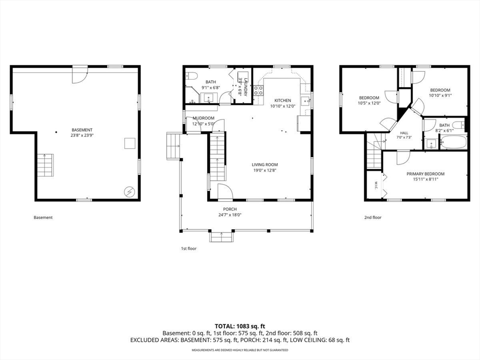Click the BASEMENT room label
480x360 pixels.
[x=82, y=130]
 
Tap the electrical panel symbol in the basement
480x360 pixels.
[x=129, y=192]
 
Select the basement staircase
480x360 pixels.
[x=45, y=165]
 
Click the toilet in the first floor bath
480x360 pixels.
[x=192, y=75]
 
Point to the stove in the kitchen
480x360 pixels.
[x=259, y=91]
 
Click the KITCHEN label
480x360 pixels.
[x=283, y=100]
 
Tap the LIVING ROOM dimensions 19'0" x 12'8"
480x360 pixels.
[x=265, y=171]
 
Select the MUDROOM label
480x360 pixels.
[x=203, y=118]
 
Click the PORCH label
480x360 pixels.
[x=230, y=209]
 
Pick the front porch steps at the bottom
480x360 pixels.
[x=222, y=237]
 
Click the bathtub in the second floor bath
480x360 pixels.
[x=453, y=142]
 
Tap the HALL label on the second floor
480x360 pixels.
[x=404, y=133]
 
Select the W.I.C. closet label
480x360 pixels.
[x=375, y=186]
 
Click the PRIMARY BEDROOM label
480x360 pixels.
[x=426, y=174]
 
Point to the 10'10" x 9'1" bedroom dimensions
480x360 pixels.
[x=440, y=95]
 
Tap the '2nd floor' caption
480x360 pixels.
[x=373, y=217]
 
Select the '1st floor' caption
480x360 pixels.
[x=188, y=248]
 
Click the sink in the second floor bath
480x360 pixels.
[x=432, y=143]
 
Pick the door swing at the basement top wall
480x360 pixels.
[x=80, y=75]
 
